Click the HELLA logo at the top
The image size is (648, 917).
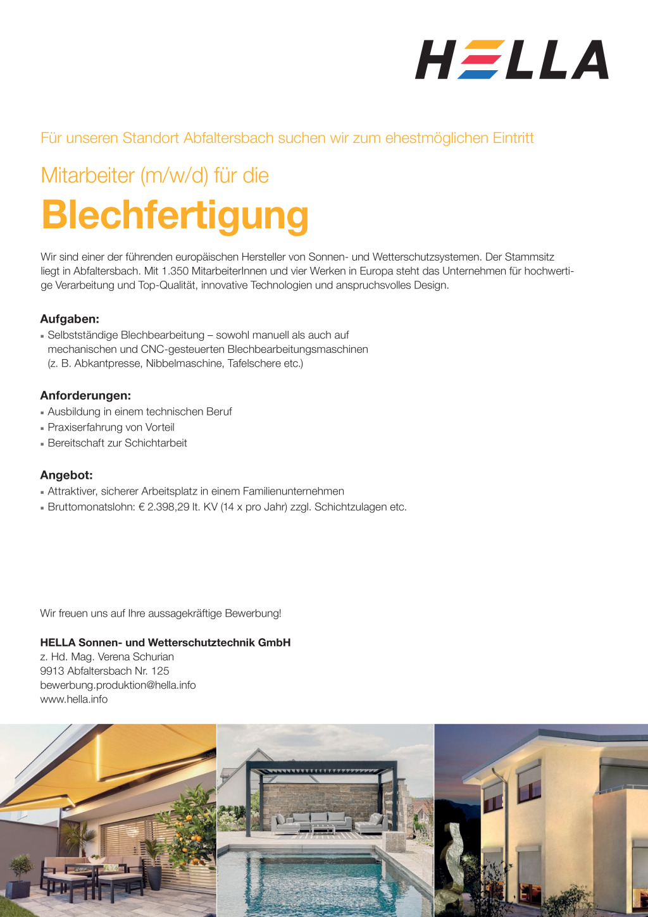click(511, 60)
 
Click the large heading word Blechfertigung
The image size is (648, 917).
click(175, 215)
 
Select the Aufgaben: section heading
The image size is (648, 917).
click(70, 319)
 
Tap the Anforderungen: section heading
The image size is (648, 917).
click(85, 395)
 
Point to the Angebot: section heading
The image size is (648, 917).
click(66, 475)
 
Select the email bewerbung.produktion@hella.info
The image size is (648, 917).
click(118, 685)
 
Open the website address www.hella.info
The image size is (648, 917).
click(73, 699)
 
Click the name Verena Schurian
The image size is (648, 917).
click(135, 656)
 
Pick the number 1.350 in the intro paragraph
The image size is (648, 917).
click(175, 271)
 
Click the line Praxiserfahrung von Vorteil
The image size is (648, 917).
click(111, 427)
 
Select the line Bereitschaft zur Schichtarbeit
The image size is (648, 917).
click(117, 443)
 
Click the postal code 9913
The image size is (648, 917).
click(52, 670)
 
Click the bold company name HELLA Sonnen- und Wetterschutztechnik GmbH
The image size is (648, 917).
click(165, 643)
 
